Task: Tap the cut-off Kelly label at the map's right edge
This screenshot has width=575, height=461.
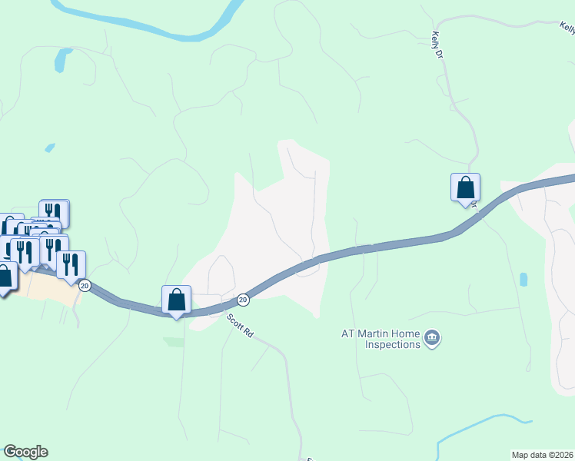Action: point(567,28)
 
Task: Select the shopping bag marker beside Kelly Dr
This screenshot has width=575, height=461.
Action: point(465,187)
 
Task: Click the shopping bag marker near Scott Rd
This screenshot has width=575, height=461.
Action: point(176,300)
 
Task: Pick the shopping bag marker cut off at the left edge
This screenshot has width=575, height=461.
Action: point(5,277)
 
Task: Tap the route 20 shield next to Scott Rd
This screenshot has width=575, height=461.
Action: point(243,299)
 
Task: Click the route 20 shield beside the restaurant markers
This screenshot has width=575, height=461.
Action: point(85,285)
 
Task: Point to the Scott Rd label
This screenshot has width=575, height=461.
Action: point(241,326)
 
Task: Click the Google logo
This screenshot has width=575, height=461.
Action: point(25,452)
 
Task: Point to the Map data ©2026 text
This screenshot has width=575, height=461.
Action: point(543,455)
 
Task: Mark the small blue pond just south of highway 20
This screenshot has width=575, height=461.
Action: point(523,280)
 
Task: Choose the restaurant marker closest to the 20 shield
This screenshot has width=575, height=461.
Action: point(71,264)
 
